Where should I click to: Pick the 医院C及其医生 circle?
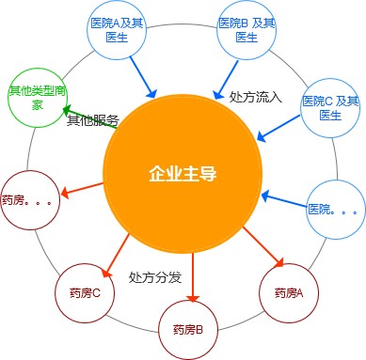(329, 107)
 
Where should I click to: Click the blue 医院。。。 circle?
(334, 208)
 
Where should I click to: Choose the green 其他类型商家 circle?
(37, 96)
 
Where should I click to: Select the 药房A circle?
(288, 292)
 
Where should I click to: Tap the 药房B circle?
(193, 328)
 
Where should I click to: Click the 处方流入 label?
(256, 96)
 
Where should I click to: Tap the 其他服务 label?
(92, 120)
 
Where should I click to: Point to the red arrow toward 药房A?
(263, 245)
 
